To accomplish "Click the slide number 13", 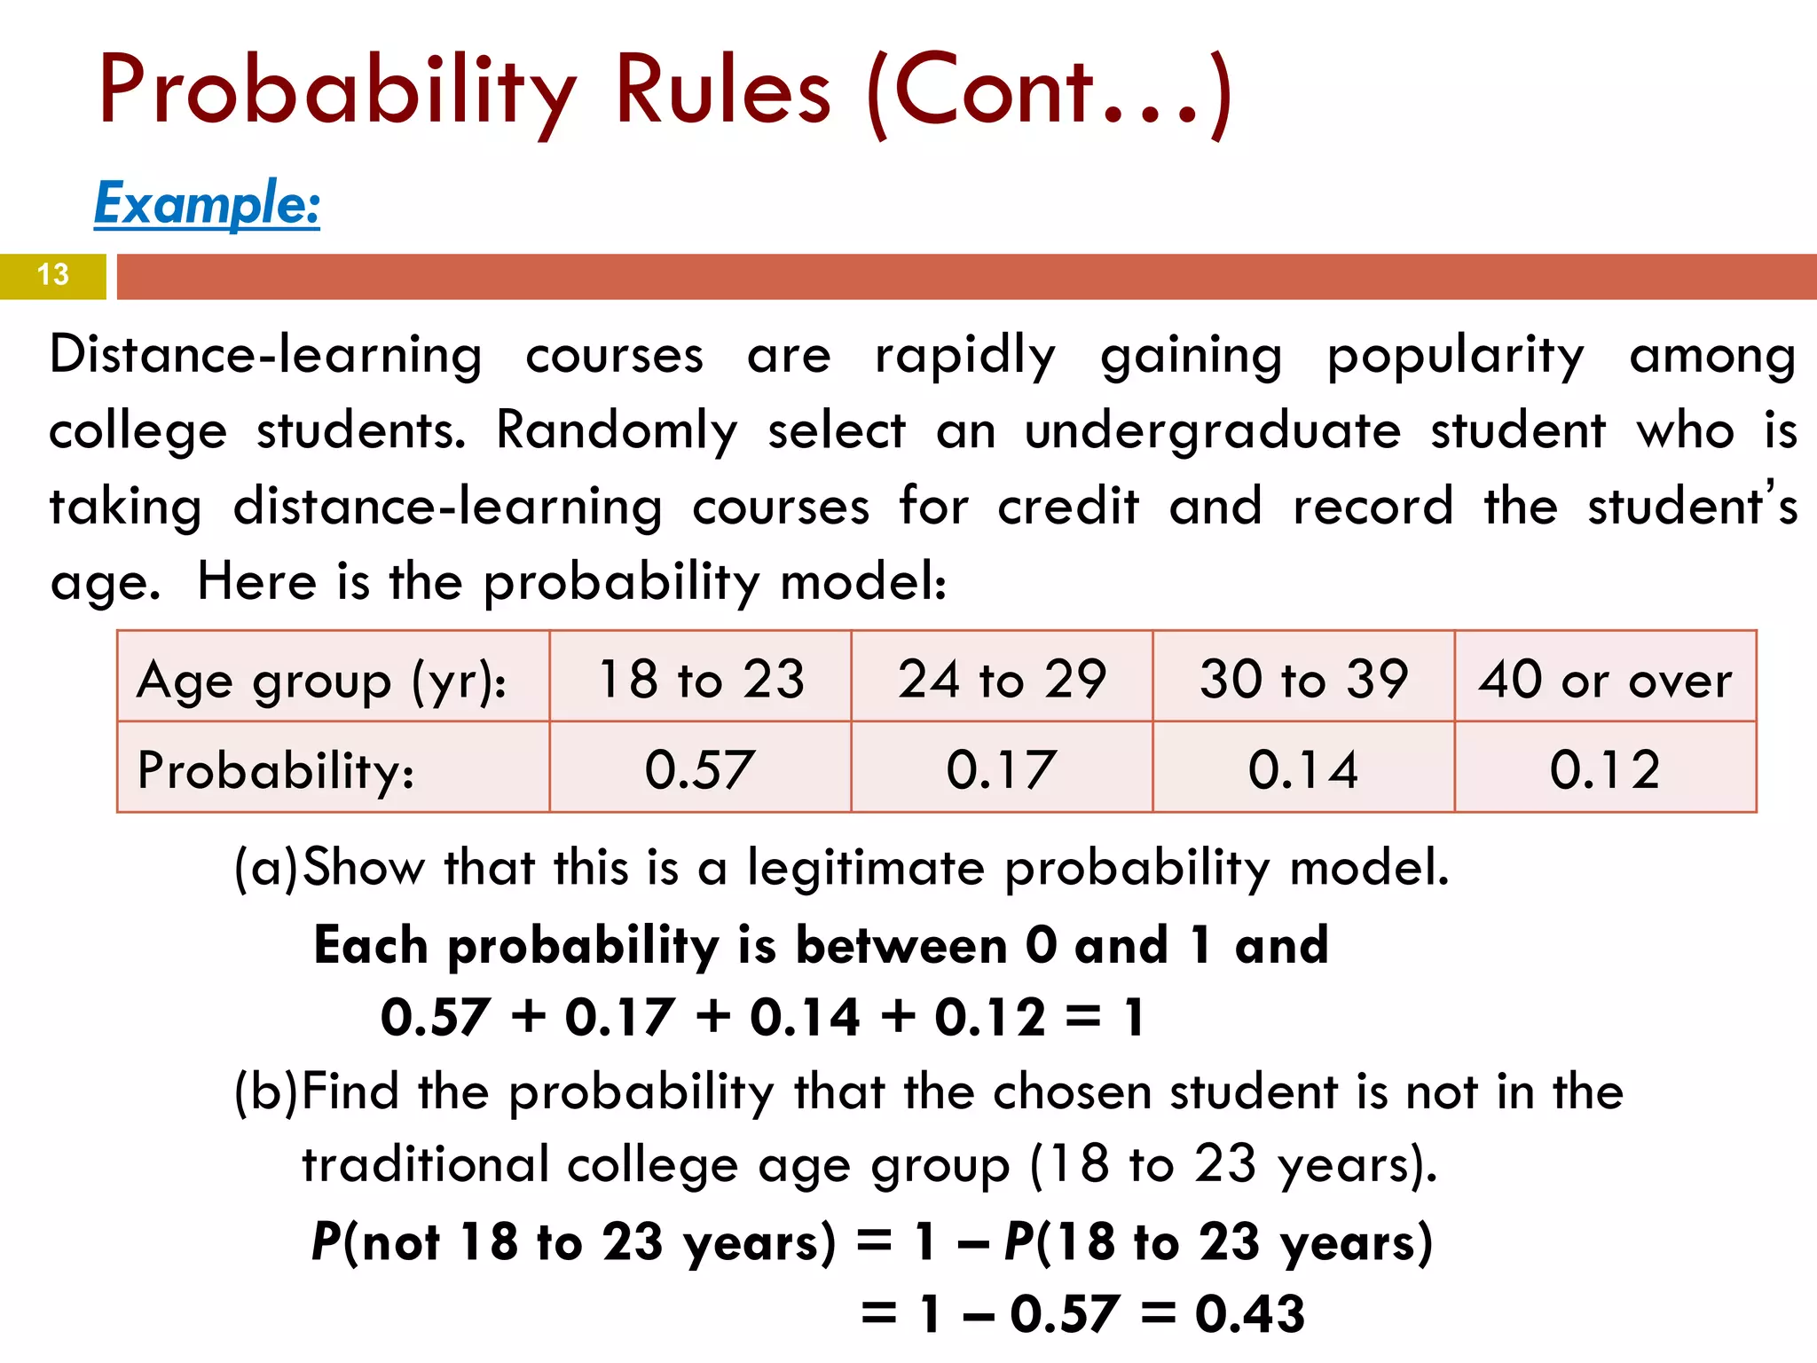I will click(53, 274).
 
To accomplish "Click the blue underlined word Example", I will click(207, 203).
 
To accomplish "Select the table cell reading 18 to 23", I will click(701, 679).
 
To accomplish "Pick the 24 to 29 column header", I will click(1002, 679).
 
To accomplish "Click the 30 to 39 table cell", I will click(1303, 679).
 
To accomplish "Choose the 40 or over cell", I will click(1605, 679).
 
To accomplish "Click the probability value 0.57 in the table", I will click(700, 768).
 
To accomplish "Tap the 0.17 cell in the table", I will click(1002, 768).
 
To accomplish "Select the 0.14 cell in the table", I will click(1303, 768).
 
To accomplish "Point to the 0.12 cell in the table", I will click(1605, 768).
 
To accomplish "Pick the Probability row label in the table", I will click(275, 769).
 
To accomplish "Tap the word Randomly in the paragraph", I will click(616, 431).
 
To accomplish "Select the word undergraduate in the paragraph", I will click(1213, 431).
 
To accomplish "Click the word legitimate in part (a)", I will click(865, 867).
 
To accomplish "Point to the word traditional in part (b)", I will click(425, 1164).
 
